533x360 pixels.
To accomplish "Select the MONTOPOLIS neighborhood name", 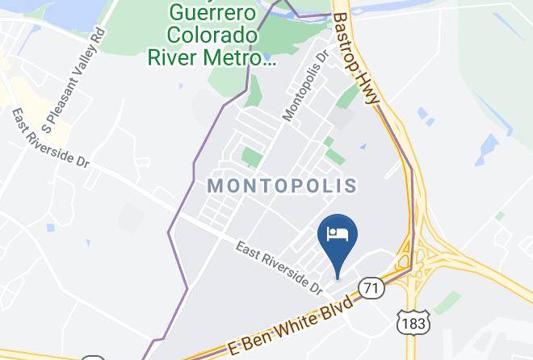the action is pyautogui.click(x=283, y=186).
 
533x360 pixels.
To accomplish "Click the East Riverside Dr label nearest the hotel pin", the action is pyautogui.click(x=279, y=267).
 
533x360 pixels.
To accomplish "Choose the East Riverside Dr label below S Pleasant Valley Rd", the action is pyautogui.click(x=49, y=138).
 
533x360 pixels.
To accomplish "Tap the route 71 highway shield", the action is pyautogui.click(x=371, y=287).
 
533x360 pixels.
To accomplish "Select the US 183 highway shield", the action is pyautogui.click(x=407, y=321).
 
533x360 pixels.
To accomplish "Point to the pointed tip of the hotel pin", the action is pyautogui.click(x=338, y=273).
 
